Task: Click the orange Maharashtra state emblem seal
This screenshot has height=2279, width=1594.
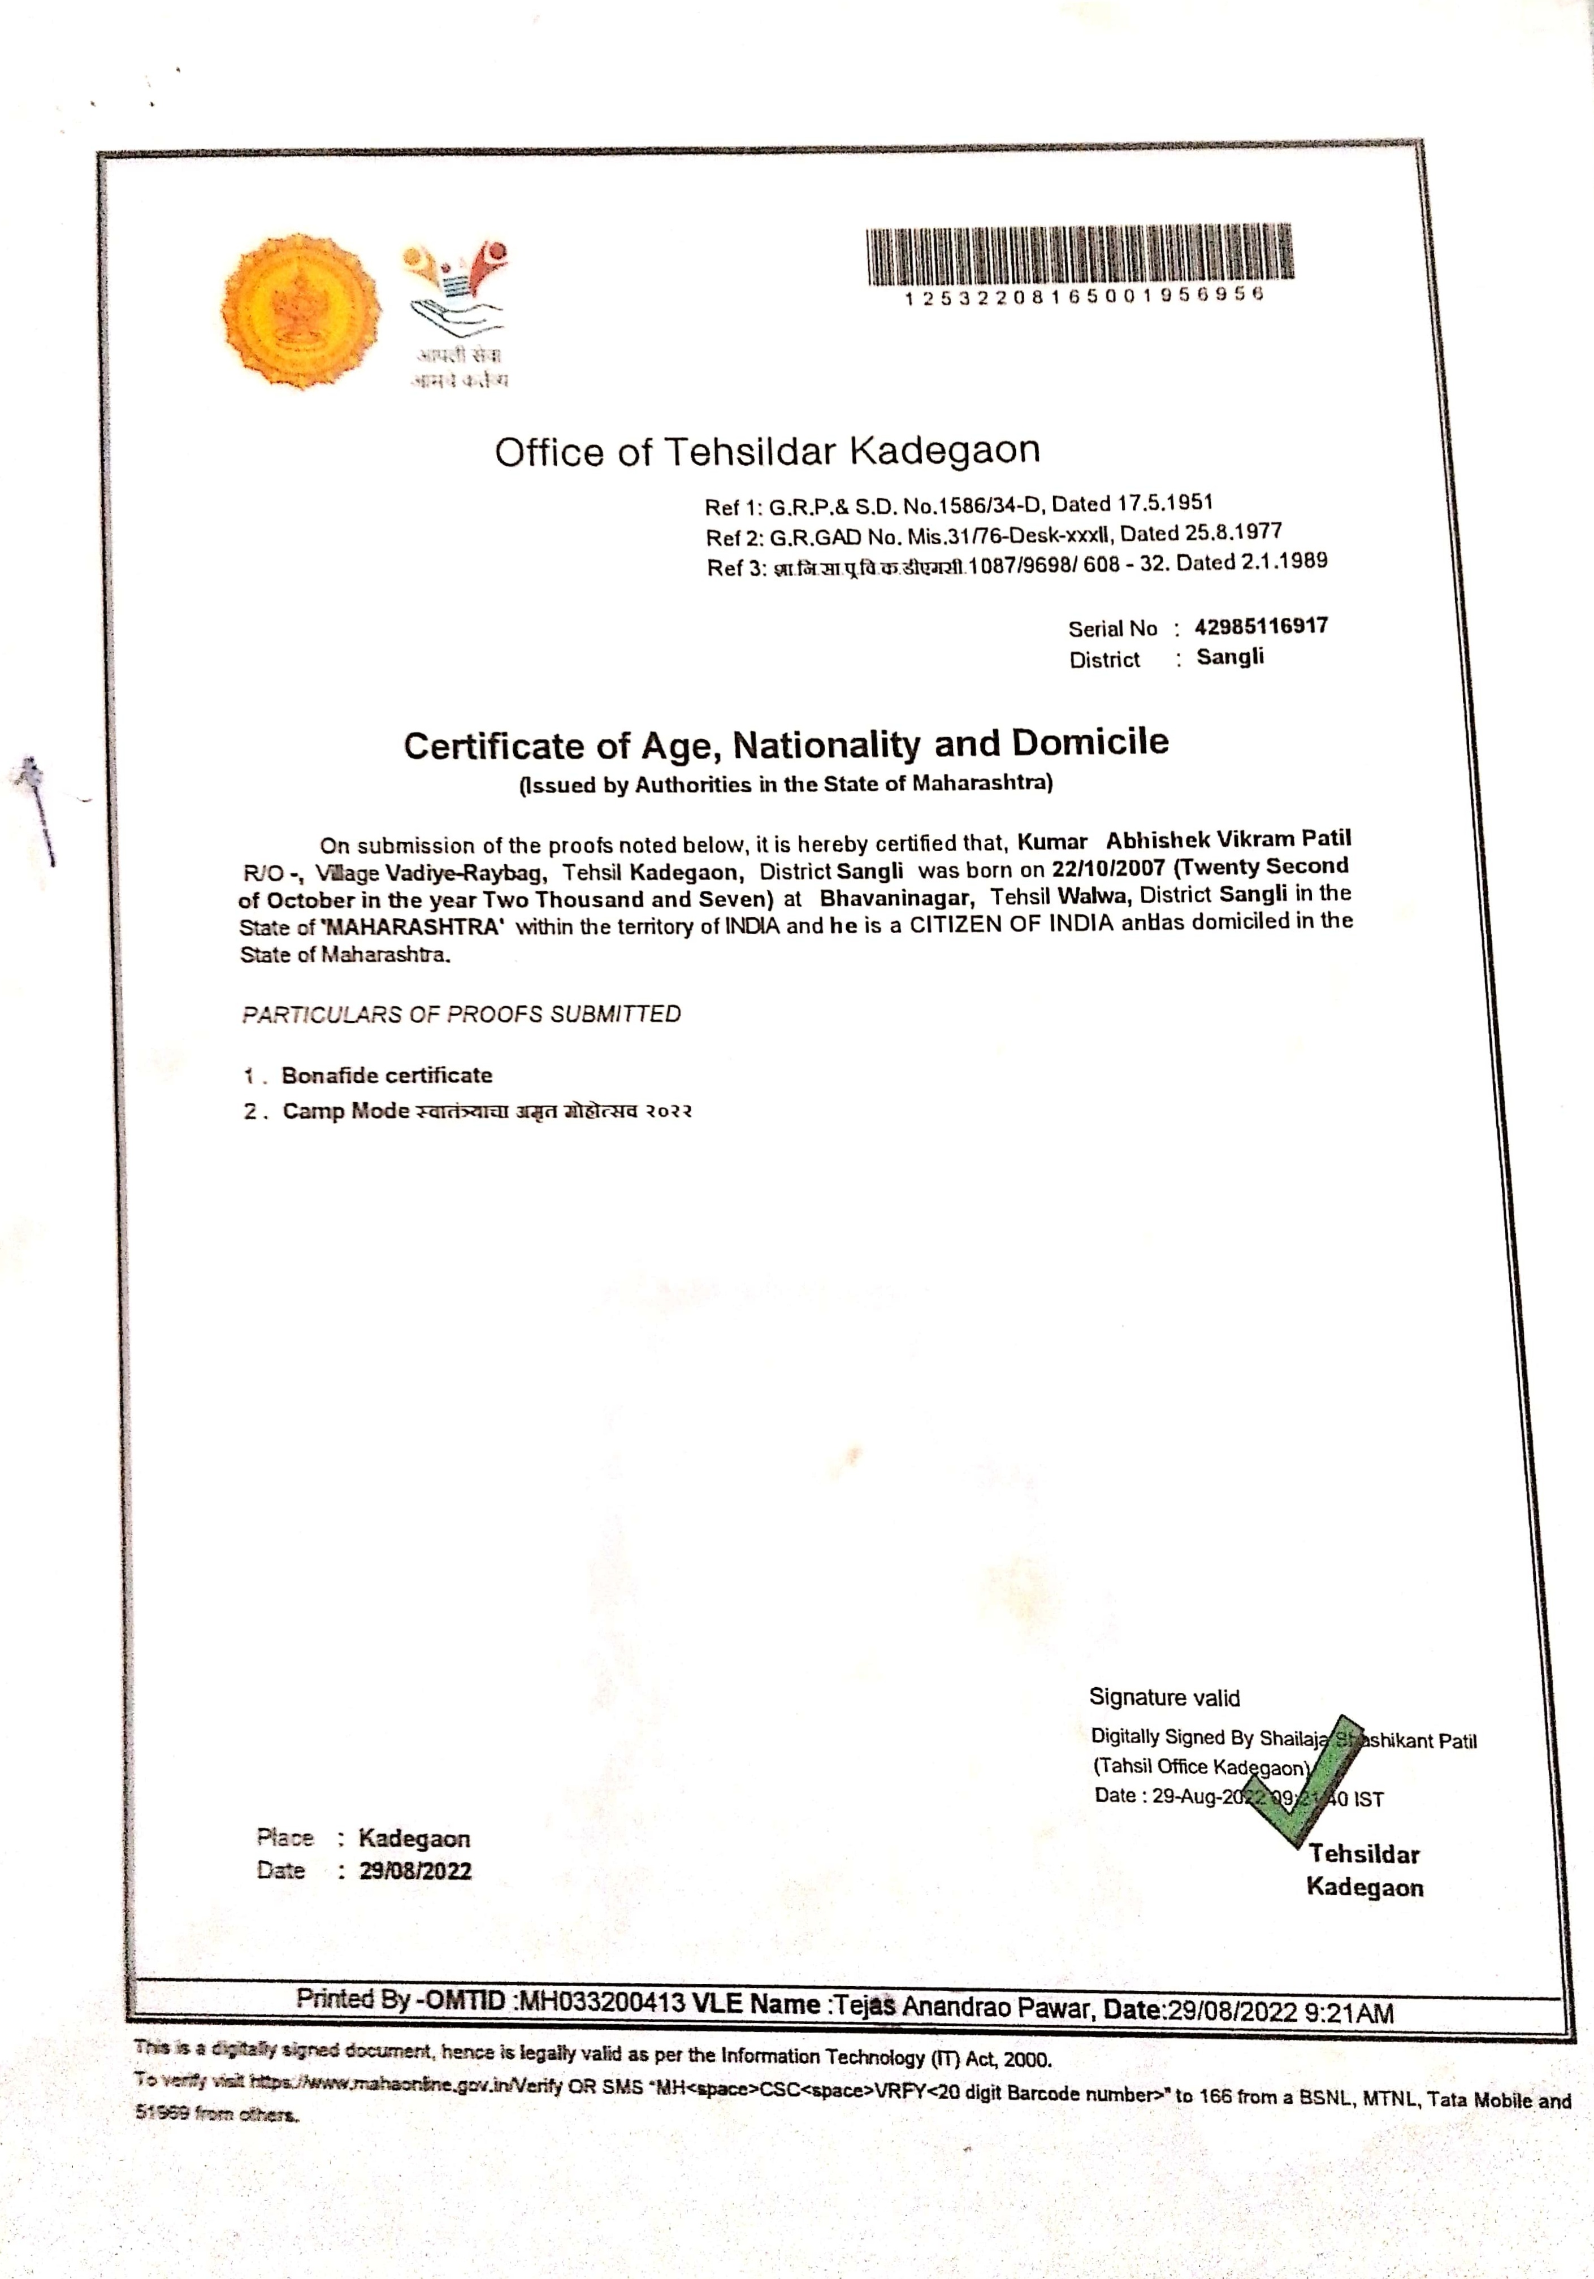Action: [x=300, y=311]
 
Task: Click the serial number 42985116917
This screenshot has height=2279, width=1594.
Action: [x=1261, y=626]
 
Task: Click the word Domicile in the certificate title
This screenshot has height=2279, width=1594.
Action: [x=1090, y=743]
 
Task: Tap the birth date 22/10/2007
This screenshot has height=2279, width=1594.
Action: [x=1108, y=869]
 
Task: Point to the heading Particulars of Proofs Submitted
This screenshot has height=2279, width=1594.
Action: [x=462, y=1015]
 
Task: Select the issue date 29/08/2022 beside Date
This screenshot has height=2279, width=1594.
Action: [x=415, y=1871]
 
